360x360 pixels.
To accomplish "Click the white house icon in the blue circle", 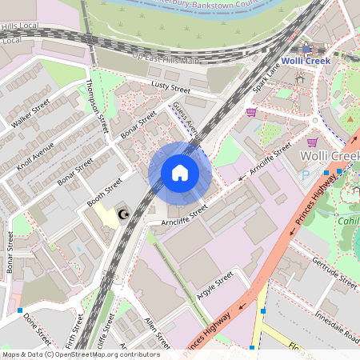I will pos(180,172).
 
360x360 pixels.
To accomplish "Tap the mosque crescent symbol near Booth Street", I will pos(123,214).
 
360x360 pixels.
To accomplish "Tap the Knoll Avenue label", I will pos(36,155).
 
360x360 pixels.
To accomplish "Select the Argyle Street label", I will pos(214,285).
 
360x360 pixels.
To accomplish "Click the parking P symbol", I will pos(304,176).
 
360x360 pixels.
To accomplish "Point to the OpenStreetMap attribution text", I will pos(80,354).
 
